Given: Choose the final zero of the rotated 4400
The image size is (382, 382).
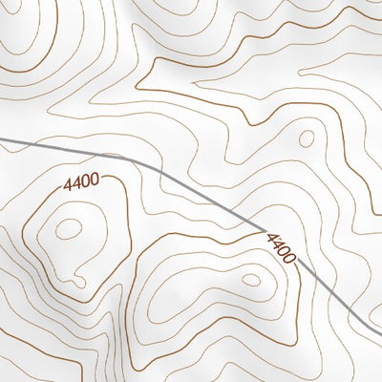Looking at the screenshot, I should point(289,260).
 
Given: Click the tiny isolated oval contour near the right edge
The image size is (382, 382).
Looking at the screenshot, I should point(307,138).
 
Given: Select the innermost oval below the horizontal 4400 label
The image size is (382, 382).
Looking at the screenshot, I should point(69,228).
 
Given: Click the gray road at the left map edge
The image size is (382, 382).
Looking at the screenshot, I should point(3,139).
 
